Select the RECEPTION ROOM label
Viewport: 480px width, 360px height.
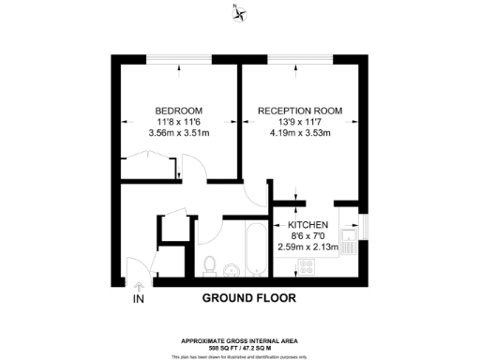[x=300, y=111]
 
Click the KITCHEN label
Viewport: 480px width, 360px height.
[x=307, y=225]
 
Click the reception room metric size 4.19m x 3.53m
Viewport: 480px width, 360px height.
[x=300, y=132]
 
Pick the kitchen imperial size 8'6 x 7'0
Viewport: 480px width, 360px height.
[x=307, y=236]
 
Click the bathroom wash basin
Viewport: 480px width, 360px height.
[x=232, y=269]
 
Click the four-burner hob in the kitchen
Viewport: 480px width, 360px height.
[x=307, y=267]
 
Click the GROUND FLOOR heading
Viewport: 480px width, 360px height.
[x=249, y=299]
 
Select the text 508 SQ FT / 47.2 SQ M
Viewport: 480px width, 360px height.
[x=240, y=346]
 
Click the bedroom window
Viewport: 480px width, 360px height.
[x=178, y=61]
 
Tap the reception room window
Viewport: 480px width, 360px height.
[x=299, y=61]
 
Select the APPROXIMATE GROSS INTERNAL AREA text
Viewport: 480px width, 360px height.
[x=240, y=338]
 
